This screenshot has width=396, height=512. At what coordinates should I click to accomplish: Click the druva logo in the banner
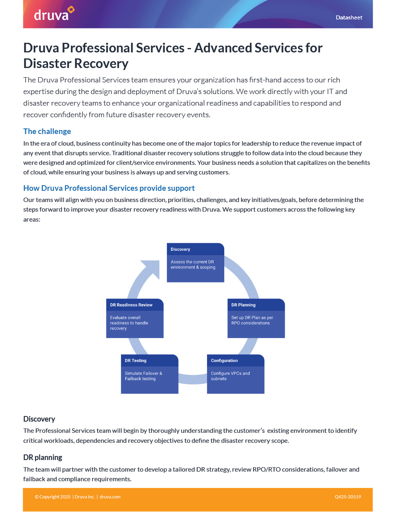tap(54, 14)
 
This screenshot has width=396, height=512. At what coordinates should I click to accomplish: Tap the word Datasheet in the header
tap(349, 18)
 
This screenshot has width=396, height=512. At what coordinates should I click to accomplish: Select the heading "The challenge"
tap(47, 131)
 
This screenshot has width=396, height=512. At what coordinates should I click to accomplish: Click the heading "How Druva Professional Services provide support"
tap(109, 188)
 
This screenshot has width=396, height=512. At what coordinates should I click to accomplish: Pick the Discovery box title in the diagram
tap(180, 249)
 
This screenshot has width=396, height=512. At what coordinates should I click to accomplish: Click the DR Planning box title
tap(243, 305)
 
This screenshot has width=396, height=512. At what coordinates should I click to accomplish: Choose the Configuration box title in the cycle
tap(224, 360)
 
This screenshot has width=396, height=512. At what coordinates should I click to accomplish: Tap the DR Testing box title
tap(135, 360)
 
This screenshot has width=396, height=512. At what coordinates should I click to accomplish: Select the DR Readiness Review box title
tap(131, 305)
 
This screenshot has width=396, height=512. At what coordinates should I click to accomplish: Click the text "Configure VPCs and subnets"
tap(230, 376)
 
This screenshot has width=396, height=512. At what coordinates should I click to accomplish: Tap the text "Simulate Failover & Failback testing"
tap(143, 376)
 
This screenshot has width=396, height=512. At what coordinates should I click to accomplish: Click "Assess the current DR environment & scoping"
tap(193, 264)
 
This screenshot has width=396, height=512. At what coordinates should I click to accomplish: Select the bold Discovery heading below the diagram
tap(39, 419)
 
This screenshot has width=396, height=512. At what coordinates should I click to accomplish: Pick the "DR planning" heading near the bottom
tap(43, 457)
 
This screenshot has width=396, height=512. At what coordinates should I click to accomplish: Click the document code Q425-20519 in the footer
tap(348, 497)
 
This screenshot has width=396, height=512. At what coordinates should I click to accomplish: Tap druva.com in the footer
tap(110, 497)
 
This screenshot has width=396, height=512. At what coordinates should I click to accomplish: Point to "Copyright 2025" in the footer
tap(54, 497)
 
